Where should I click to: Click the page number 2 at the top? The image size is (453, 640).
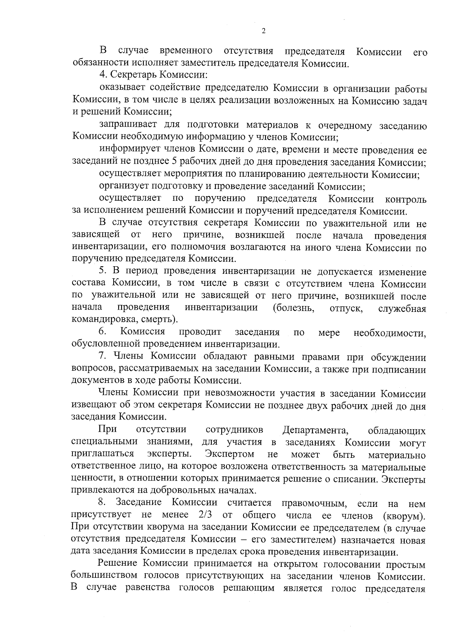[x=263, y=31]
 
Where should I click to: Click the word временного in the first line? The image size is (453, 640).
[x=186, y=51]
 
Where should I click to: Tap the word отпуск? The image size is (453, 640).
[x=346, y=309]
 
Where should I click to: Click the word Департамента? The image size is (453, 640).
[x=315, y=430]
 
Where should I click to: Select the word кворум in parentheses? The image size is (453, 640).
[x=404, y=516]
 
